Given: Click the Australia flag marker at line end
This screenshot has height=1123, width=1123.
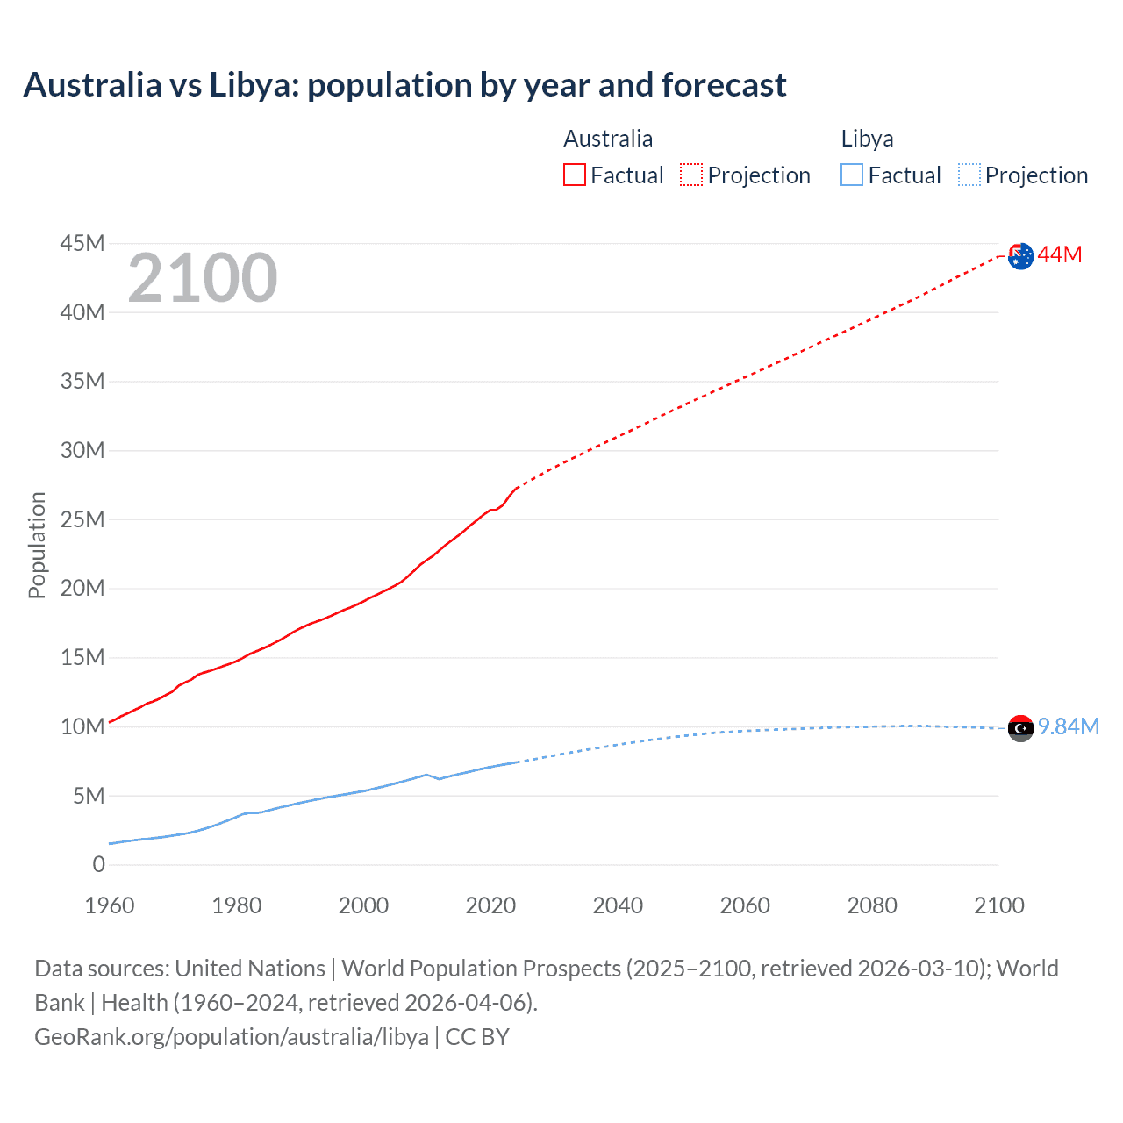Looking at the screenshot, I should tap(1020, 256).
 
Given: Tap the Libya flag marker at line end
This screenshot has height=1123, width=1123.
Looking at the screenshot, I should tap(1020, 728).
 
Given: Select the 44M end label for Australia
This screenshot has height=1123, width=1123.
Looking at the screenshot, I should tap(1060, 255).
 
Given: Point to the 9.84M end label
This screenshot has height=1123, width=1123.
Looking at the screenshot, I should tap(1069, 727).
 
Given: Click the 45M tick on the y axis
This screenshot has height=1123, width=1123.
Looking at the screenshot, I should tap(82, 243).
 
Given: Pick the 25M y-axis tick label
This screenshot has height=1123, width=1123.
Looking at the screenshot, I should tap(82, 519).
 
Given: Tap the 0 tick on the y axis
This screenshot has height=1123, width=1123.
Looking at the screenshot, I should tap(98, 865).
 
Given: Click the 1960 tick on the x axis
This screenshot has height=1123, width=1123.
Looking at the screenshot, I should tap(110, 905).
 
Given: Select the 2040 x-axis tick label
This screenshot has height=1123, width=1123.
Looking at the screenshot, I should tap(618, 905).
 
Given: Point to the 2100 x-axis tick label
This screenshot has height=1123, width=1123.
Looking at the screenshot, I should tap(998, 905).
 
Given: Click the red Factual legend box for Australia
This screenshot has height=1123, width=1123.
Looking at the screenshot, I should tap(574, 175).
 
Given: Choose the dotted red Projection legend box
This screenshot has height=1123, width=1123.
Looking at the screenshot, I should tap(691, 175).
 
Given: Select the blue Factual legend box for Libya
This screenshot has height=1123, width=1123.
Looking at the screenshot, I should tap(852, 175).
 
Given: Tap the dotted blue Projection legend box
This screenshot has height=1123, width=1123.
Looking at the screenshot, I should tap(969, 175).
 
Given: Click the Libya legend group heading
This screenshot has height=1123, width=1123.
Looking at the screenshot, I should tap(867, 139).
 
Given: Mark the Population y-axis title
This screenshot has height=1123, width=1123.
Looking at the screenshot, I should tap(37, 545).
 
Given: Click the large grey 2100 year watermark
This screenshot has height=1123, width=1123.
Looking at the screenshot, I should tap(203, 278).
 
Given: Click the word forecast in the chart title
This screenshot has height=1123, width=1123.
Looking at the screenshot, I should tap(724, 85).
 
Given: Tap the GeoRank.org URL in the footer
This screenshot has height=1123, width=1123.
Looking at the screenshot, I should tap(232, 1037).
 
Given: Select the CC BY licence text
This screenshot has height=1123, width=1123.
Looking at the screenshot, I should tap(477, 1037).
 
